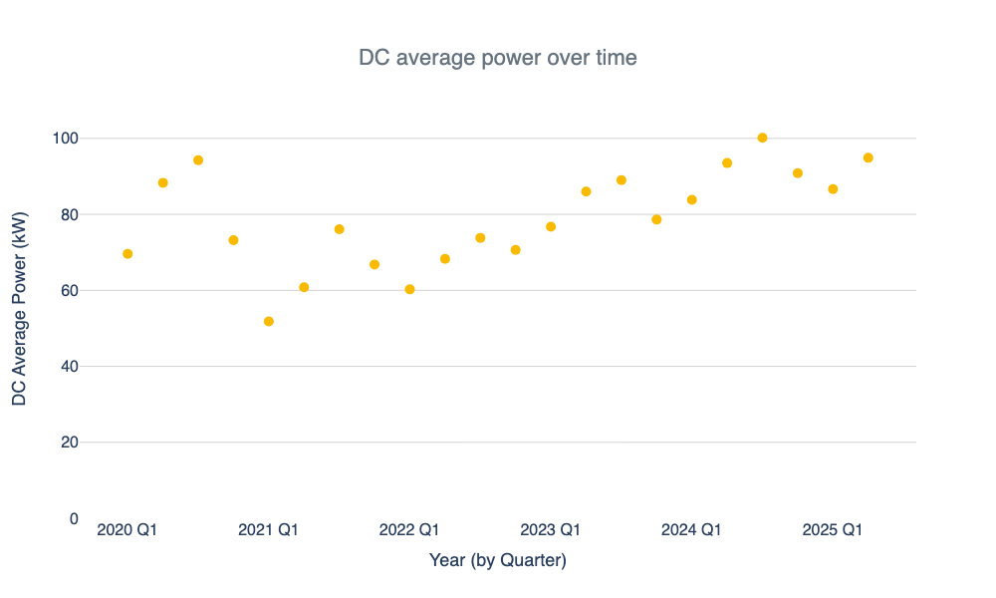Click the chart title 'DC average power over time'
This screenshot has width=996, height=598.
[x=497, y=58]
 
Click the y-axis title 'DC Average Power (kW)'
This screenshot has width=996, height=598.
[x=20, y=308]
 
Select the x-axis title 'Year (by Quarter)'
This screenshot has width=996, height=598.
[x=497, y=560]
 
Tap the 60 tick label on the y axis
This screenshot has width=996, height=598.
[x=72, y=290]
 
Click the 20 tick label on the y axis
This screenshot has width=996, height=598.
[x=72, y=443]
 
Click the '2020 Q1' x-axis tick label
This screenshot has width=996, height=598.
[x=126, y=530]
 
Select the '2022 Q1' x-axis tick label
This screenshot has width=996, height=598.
[x=408, y=530]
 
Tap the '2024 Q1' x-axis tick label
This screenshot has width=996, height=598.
[x=691, y=530]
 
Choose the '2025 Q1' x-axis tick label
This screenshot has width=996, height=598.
[x=832, y=530]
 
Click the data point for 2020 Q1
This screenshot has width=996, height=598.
[x=127, y=254]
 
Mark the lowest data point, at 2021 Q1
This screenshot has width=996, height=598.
[x=269, y=321]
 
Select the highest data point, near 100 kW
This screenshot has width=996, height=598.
[x=763, y=138]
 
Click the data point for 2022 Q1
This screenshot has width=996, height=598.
[x=409, y=289]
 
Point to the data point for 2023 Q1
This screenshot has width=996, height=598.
[x=551, y=227]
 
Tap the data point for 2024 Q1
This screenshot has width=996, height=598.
[x=692, y=199]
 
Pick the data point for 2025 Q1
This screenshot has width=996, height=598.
[x=833, y=189]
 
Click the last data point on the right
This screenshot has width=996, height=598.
[x=869, y=157]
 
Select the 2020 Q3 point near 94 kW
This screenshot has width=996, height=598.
[x=198, y=160]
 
